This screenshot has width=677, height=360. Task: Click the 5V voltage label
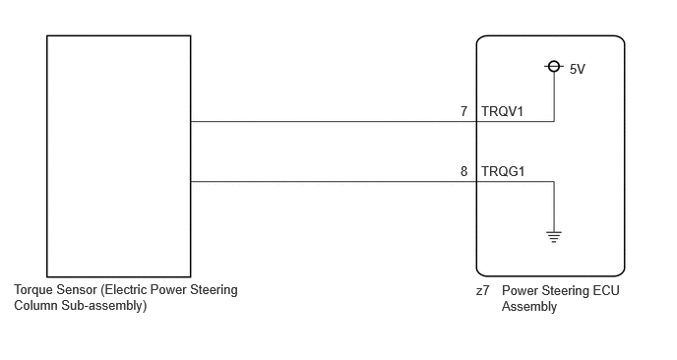[x=578, y=69]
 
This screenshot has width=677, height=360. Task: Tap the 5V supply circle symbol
[x=554, y=67]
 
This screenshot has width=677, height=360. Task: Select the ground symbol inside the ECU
[x=554, y=237]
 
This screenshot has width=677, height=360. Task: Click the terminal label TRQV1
[x=502, y=111]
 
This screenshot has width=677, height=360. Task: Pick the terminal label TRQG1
[x=503, y=171]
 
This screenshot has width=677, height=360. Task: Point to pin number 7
[x=463, y=111]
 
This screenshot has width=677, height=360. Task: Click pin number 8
[x=463, y=171]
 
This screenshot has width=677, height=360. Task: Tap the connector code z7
[x=483, y=290]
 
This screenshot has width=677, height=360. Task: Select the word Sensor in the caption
[x=77, y=289]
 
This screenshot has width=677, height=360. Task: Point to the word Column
[x=35, y=305]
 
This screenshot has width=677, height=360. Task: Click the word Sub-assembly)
[x=104, y=306]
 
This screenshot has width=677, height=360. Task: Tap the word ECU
[x=606, y=290]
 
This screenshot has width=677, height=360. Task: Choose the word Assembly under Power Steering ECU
[x=529, y=307]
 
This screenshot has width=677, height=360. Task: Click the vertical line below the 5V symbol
[x=554, y=96]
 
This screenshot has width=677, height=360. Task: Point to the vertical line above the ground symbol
[x=554, y=207]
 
